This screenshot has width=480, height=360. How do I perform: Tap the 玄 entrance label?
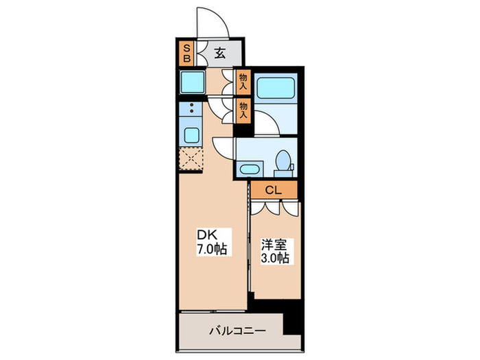219,53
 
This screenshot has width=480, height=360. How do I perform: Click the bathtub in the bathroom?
276,89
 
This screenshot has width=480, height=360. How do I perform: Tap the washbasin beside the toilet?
250,169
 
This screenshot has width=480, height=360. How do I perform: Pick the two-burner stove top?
191,108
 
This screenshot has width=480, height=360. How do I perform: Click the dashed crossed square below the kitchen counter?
191,159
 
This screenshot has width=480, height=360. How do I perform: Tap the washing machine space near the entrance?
192,84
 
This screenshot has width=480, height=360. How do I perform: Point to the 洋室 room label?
272,244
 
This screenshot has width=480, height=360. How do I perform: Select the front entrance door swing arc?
211,21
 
